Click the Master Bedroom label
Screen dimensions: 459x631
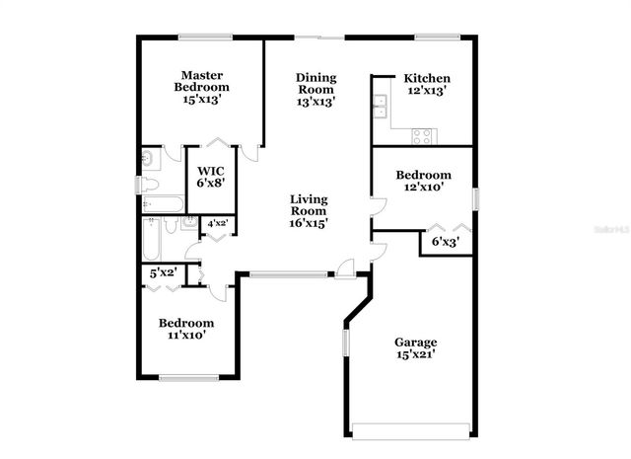(201, 80)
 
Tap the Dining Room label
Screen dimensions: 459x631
(316, 83)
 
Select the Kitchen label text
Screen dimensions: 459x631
(427, 78)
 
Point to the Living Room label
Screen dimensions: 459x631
(308, 204)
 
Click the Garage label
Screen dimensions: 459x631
(415, 343)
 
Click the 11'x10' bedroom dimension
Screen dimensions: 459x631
(186, 336)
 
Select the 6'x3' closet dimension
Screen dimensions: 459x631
(445, 240)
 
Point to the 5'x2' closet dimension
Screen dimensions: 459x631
(163, 272)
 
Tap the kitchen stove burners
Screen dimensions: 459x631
(422, 135)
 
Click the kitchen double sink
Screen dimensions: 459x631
(379, 105)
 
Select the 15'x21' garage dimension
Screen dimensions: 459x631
(415, 354)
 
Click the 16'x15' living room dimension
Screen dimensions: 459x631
(308, 223)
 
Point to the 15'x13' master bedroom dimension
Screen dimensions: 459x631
(201, 99)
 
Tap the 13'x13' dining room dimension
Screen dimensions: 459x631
(316, 102)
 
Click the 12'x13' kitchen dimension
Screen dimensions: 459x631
(427, 91)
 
